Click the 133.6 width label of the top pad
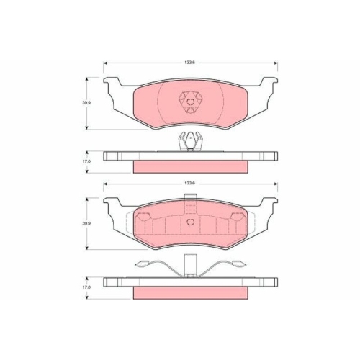point(189,63)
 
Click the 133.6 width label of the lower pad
point(189,183)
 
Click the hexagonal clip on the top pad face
point(191,103)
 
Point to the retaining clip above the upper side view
point(191,142)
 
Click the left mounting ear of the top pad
point(111,83)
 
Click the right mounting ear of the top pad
point(270,83)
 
